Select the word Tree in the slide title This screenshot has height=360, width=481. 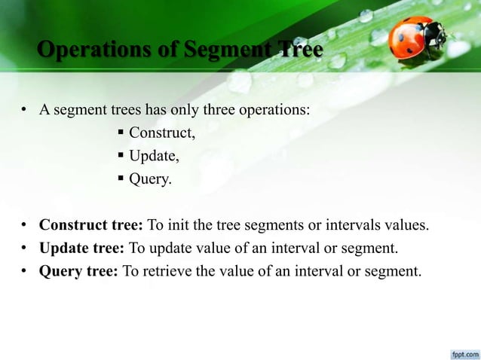(x=300, y=50)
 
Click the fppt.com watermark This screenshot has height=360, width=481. (x=461, y=352)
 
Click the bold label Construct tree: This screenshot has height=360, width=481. (x=91, y=225)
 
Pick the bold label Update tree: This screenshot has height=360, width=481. (x=82, y=248)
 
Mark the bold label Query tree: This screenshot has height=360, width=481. (x=78, y=271)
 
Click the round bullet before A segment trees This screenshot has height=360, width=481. (x=25, y=111)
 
